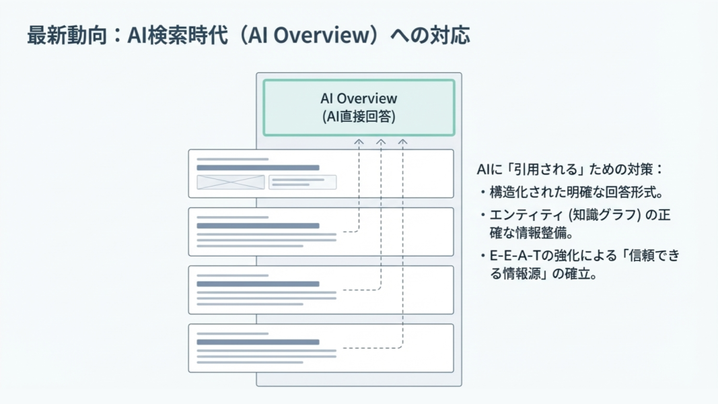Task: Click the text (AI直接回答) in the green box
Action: pos(359,116)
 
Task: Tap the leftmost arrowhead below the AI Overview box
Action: pos(359,143)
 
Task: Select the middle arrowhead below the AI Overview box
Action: pos(381,143)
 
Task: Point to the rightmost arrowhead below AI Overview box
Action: pos(402,143)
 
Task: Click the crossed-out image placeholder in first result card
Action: pos(231,182)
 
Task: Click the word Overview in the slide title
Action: pos(319,35)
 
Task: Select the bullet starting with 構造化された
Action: pos(575,193)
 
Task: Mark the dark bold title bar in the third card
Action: pos(258,284)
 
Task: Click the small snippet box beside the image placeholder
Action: pos(302,182)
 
